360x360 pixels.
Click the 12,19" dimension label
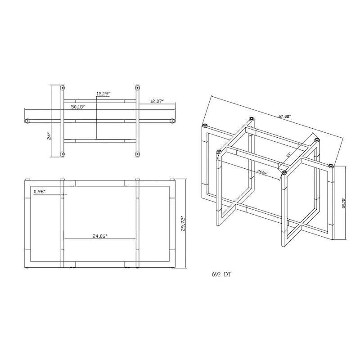pyautogui.click(x=103, y=94)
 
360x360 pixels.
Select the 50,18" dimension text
pyautogui.click(x=78, y=107)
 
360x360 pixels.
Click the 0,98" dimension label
pyautogui.click(x=41, y=192)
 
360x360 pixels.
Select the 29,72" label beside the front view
pyautogui.click(x=183, y=223)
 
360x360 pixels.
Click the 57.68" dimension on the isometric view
pyautogui.click(x=284, y=116)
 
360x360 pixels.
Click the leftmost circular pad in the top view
pyautogui.click(x=28, y=121)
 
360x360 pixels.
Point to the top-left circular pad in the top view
pyautogui.click(x=63, y=87)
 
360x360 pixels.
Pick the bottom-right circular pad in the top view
pyautogui.click(x=135, y=155)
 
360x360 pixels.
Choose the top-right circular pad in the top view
pyautogui.click(x=135, y=87)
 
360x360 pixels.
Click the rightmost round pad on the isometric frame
pyautogui.click(x=331, y=166)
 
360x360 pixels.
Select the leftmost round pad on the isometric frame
pyautogui.click(x=205, y=125)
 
